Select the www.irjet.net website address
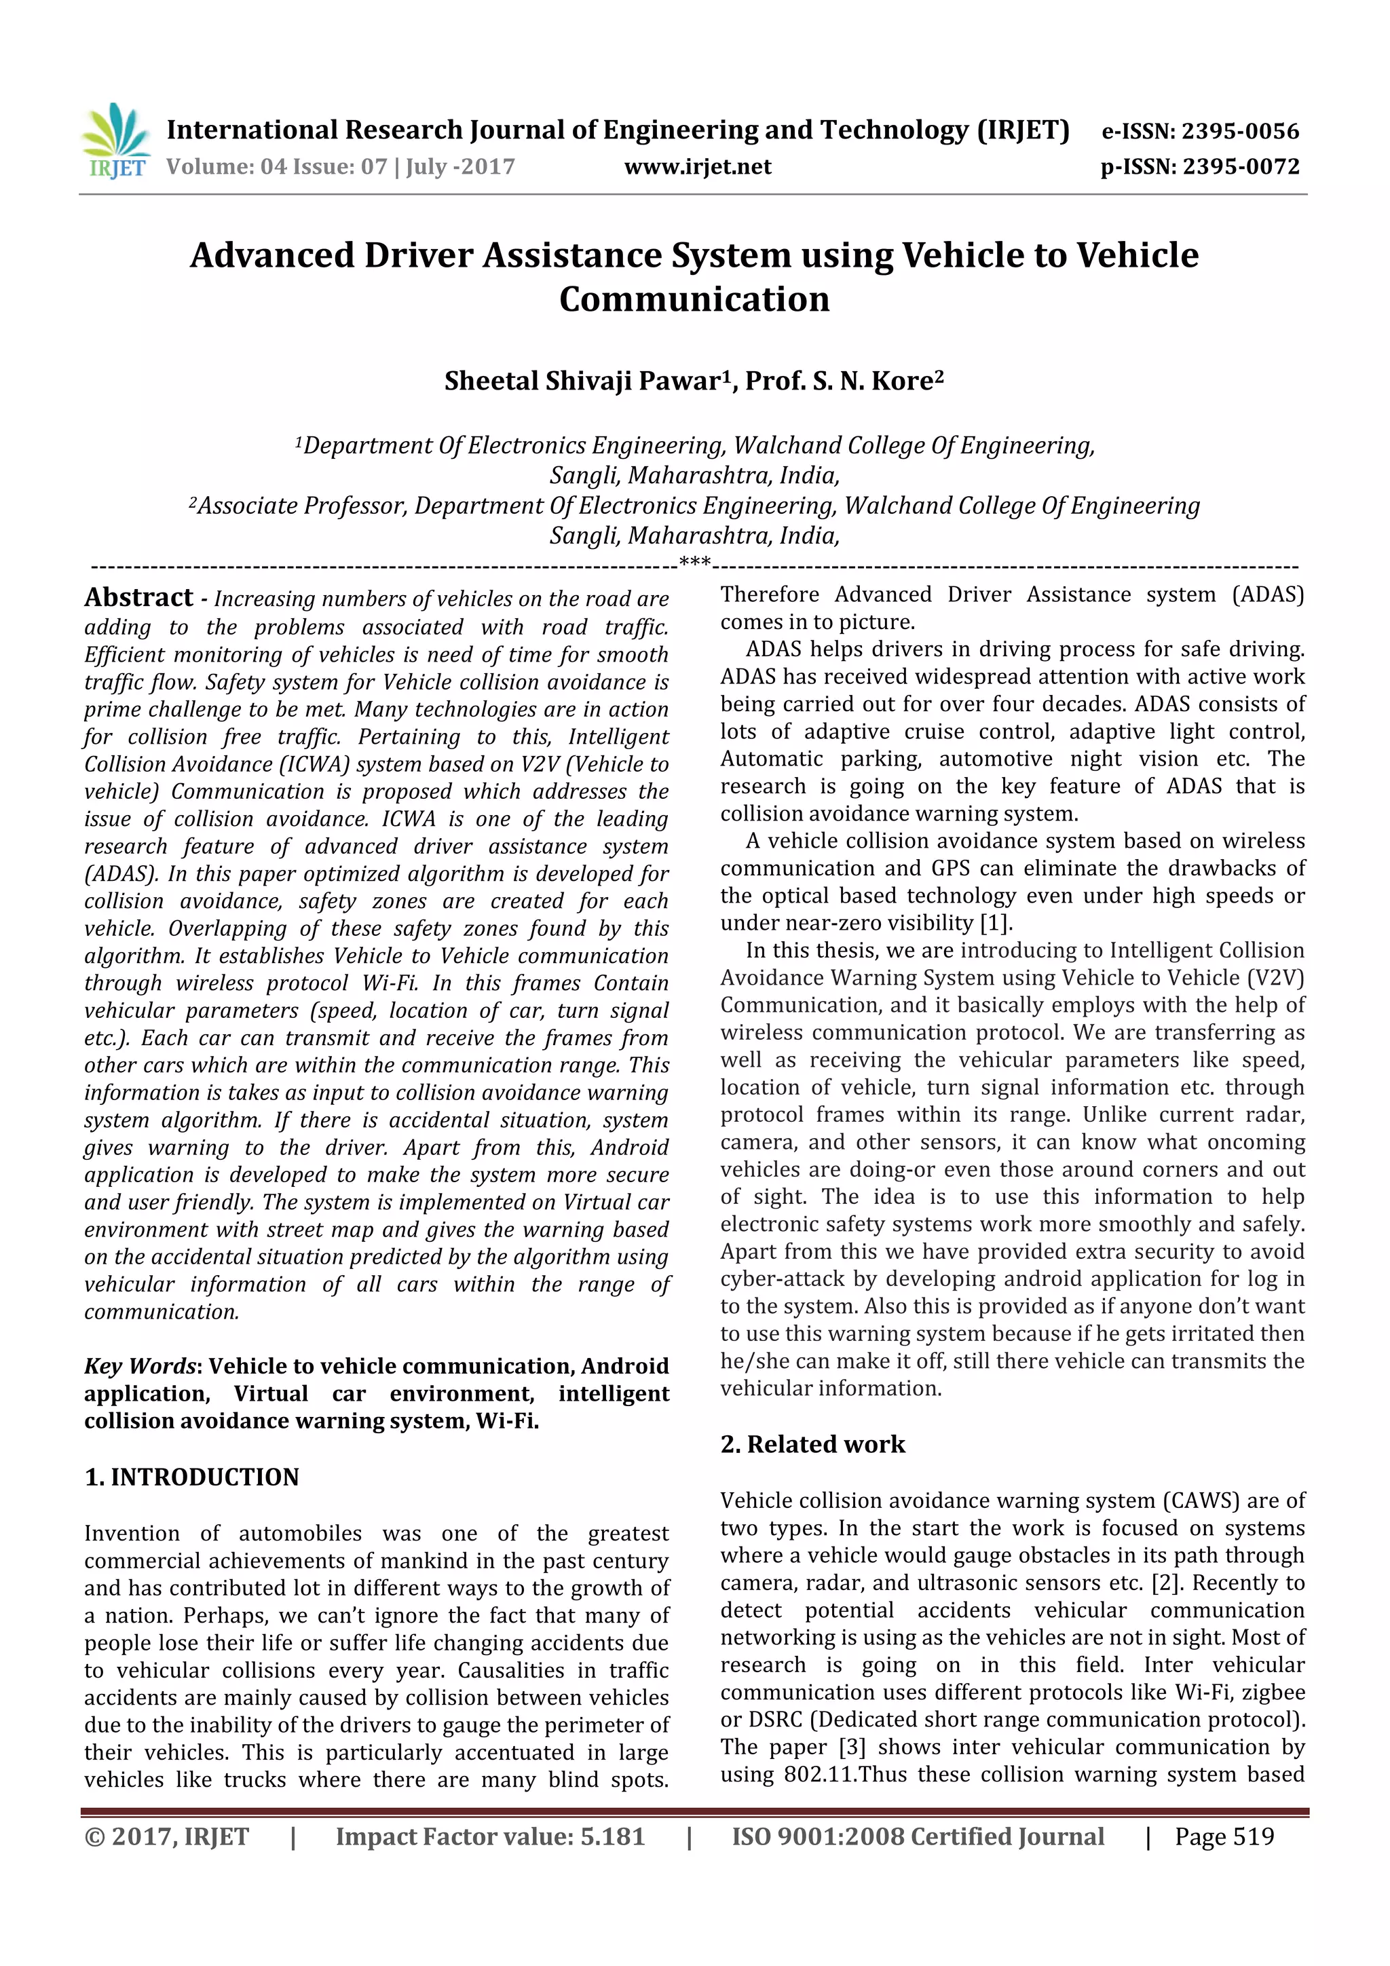[x=697, y=166]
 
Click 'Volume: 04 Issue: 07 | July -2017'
[x=341, y=166]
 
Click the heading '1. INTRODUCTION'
[x=192, y=1477]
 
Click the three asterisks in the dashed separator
[x=694, y=563]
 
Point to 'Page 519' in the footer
[x=1224, y=1836]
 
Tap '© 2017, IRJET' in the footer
[x=166, y=1836]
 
